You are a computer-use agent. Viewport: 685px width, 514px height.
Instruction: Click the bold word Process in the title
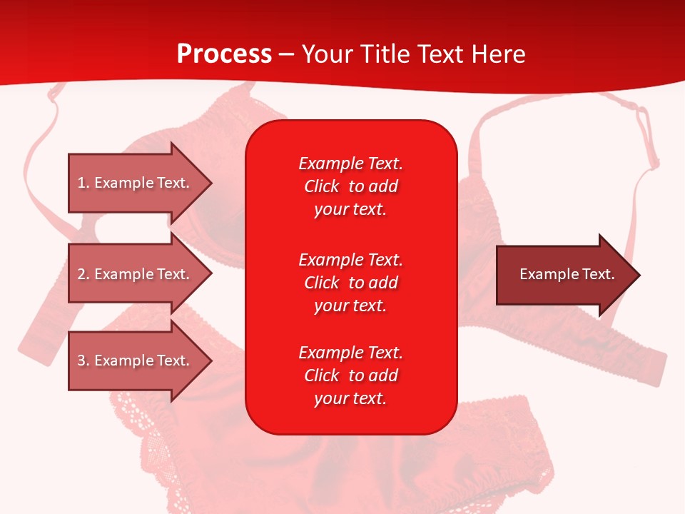click(224, 54)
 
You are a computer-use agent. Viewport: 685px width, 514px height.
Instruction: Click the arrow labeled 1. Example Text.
click(136, 183)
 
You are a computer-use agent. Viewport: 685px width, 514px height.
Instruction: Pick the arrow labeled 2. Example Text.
click(136, 274)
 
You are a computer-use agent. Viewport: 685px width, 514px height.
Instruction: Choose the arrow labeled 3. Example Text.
click(136, 361)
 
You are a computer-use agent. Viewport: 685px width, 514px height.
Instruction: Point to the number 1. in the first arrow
click(84, 183)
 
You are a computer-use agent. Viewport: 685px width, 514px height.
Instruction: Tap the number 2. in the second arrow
click(84, 274)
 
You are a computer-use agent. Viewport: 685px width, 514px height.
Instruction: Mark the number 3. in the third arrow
click(84, 361)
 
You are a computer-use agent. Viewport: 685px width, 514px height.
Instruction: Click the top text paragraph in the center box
click(350, 186)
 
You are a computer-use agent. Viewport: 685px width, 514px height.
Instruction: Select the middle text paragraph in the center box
click(350, 283)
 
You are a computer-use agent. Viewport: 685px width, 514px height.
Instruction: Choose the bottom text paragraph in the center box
click(350, 376)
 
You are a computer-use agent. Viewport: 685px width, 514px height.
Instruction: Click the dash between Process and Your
click(287, 54)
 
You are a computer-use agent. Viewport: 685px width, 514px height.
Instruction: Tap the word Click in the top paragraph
click(321, 186)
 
